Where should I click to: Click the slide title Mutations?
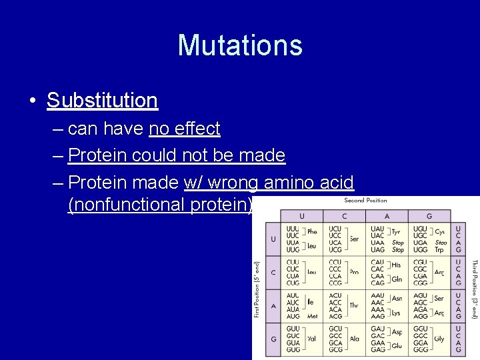click(x=240, y=45)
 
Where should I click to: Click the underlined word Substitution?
click(x=102, y=100)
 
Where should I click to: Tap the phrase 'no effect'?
click(x=184, y=128)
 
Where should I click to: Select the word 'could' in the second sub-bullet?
click(x=155, y=155)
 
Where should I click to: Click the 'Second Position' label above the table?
click(x=365, y=200)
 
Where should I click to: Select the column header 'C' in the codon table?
click(x=344, y=216)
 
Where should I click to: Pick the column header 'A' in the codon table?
click(x=387, y=216)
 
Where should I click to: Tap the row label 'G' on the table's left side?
click(x=272, y=339)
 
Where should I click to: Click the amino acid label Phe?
click(x=312, y=232)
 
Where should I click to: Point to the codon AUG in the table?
click(x=293, y=317)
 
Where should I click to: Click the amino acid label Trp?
click(x=440, y=250)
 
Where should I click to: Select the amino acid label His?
click(x=396, y=265)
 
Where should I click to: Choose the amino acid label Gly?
click(x=439, y=339)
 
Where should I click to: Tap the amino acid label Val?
click(x=311, y=339)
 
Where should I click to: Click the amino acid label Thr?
click(x=354, y=305)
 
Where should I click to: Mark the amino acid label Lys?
click(x=396, y=313)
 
